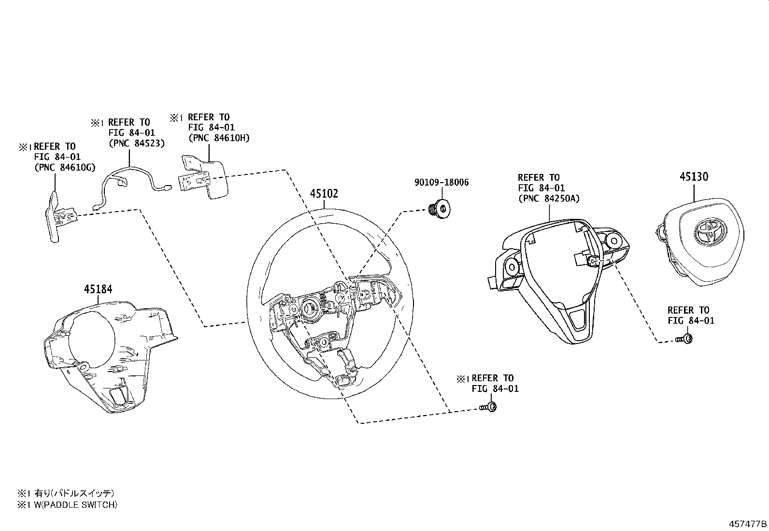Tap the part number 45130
coord(694,177)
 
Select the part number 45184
coord(98,289)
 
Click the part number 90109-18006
coord(441,183)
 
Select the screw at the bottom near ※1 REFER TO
coord(489,408)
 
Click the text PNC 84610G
coord(64,167)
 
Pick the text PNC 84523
coord(136,143)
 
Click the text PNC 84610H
coord(219,138)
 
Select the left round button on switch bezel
coord(511,266)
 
